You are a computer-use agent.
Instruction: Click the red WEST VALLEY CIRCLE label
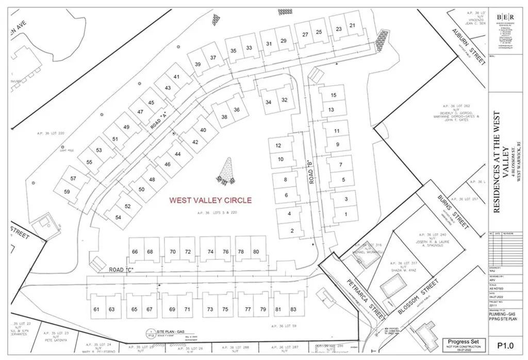point(211,200)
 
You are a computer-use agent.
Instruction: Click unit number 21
point(353,25)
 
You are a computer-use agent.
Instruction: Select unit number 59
point(67,192)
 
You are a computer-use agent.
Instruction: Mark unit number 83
point(293,309)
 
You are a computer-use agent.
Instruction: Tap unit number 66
point(135,252)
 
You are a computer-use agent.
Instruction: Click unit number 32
point(284,100)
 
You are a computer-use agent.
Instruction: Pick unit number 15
point(333,95)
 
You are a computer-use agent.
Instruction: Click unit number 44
point(178,154)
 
